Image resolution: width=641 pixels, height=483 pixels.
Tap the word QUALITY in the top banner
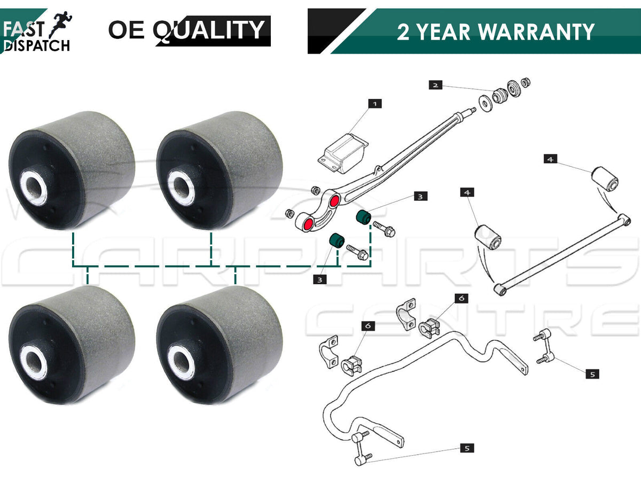point(209,30)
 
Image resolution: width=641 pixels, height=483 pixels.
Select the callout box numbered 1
point(375,104)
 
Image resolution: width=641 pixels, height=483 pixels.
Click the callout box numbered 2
point(435,85)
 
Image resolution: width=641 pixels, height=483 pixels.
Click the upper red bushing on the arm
point(334,201)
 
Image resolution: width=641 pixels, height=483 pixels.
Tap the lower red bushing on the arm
point(308,224)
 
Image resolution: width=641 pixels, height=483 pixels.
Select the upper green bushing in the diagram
point(364,217)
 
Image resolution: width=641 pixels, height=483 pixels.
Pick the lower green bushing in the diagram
point(337,241)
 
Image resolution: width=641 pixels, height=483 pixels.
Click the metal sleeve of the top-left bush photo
point(34,188)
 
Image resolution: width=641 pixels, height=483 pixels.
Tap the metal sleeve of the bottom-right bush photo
point(181,362)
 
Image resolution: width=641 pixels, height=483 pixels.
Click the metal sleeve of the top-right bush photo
point(181,188)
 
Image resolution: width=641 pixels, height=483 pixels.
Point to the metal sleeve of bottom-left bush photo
point(34,362)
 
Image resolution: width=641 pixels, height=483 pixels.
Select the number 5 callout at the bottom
point(467,448)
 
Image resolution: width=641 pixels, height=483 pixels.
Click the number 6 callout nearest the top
point(462,298)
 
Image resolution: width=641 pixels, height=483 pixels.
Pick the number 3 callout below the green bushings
point(320,280)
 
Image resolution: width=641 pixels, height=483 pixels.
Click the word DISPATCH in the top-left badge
point(37,45)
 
